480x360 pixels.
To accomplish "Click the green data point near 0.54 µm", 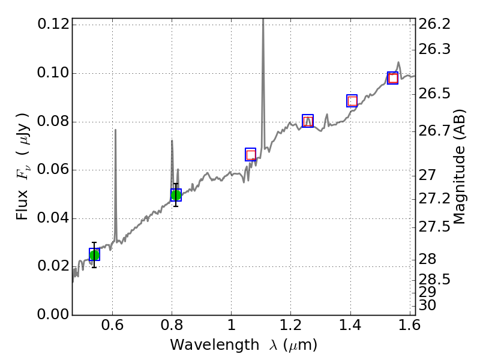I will click(94, 255).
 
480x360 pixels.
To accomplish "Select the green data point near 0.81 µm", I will click(176, 194).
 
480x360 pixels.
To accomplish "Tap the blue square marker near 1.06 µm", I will click(251, 154).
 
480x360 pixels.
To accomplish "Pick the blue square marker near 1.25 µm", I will click(308, 121).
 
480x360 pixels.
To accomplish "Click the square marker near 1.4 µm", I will click(352, 101).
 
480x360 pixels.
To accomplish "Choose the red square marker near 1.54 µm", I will click(393, 78).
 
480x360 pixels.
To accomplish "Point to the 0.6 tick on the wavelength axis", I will click(112, 328).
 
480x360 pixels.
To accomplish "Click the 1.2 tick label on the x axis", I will click(290, 328).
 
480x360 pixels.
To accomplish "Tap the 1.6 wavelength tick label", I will click(409, 328).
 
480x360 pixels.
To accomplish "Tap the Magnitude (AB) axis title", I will click(460, 166).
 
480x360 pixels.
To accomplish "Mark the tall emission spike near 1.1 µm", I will click(263, 24).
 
